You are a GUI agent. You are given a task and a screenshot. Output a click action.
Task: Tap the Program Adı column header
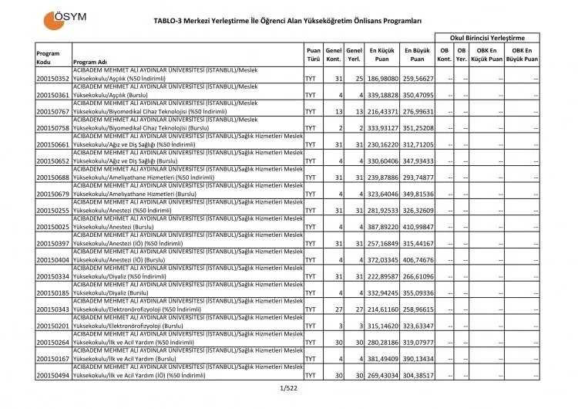pos(89,63)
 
